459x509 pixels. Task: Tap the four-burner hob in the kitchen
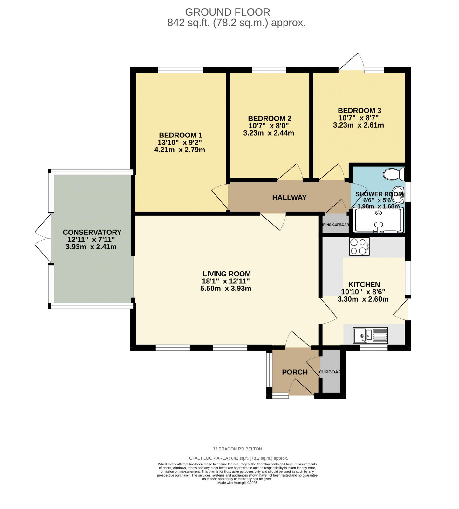coord(359,247)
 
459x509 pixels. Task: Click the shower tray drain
coord(378,213)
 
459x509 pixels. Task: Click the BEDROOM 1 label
coord(180,135)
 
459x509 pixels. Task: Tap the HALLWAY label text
coord(289,198)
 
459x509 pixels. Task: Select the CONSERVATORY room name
coord(92,232)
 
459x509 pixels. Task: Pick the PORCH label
coord(295,372)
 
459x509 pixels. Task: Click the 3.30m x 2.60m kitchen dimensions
coord(363,299)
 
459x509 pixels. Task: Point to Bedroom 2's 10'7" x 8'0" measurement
coord(270,126)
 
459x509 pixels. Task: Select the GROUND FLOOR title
coord(227,12)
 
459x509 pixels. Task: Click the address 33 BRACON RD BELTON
coord(237,449)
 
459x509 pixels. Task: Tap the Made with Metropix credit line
coord(237,483)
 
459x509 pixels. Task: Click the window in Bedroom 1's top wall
coord(180,70)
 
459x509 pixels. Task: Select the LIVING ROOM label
coord(227,274)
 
